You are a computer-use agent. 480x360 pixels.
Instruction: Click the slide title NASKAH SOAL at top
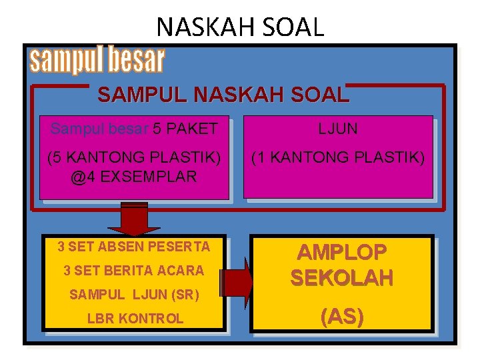pyautogui.click(x=240, y=26)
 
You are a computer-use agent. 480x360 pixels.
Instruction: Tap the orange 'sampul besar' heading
pyautogui.click(x=97, y=60)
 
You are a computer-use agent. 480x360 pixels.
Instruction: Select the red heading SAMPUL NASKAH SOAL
pyautogui.click(x=223, y=95)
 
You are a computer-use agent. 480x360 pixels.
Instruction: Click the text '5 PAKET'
pyautogui.click(x=185, y=128)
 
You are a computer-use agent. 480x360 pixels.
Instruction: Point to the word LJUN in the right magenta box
pyautogui.click(x=337, y=128)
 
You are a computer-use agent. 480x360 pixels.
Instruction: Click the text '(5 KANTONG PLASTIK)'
pyautogui.click(x=134, y=158)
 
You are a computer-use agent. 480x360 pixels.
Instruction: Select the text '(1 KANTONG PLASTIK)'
pyautogui.click(x=337, y=158)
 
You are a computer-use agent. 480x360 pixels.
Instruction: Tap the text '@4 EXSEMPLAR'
pyautogui.click(x=134, y=177)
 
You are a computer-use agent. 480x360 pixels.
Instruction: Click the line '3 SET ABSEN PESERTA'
pyautogui.click(x=134, y=247)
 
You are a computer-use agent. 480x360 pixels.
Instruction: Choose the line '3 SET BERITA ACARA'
pyautogui.click(x=134, y=271)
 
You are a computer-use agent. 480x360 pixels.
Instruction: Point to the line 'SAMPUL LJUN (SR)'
pyautogui.click(x=134, y=294)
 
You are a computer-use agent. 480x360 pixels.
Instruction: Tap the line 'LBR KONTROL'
pyautogui.click(x=134, y=319)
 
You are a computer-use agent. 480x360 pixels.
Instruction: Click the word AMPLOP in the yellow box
pyautogui.click(x=341, y=252)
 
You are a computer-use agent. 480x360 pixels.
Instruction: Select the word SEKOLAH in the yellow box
pyautogui.click(x=341, y=278)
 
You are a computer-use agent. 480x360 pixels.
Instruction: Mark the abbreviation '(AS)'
pyautogui.click(x=341, y=317)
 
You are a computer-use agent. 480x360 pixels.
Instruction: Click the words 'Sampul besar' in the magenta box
pyautogui.click(x=99, y=128)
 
